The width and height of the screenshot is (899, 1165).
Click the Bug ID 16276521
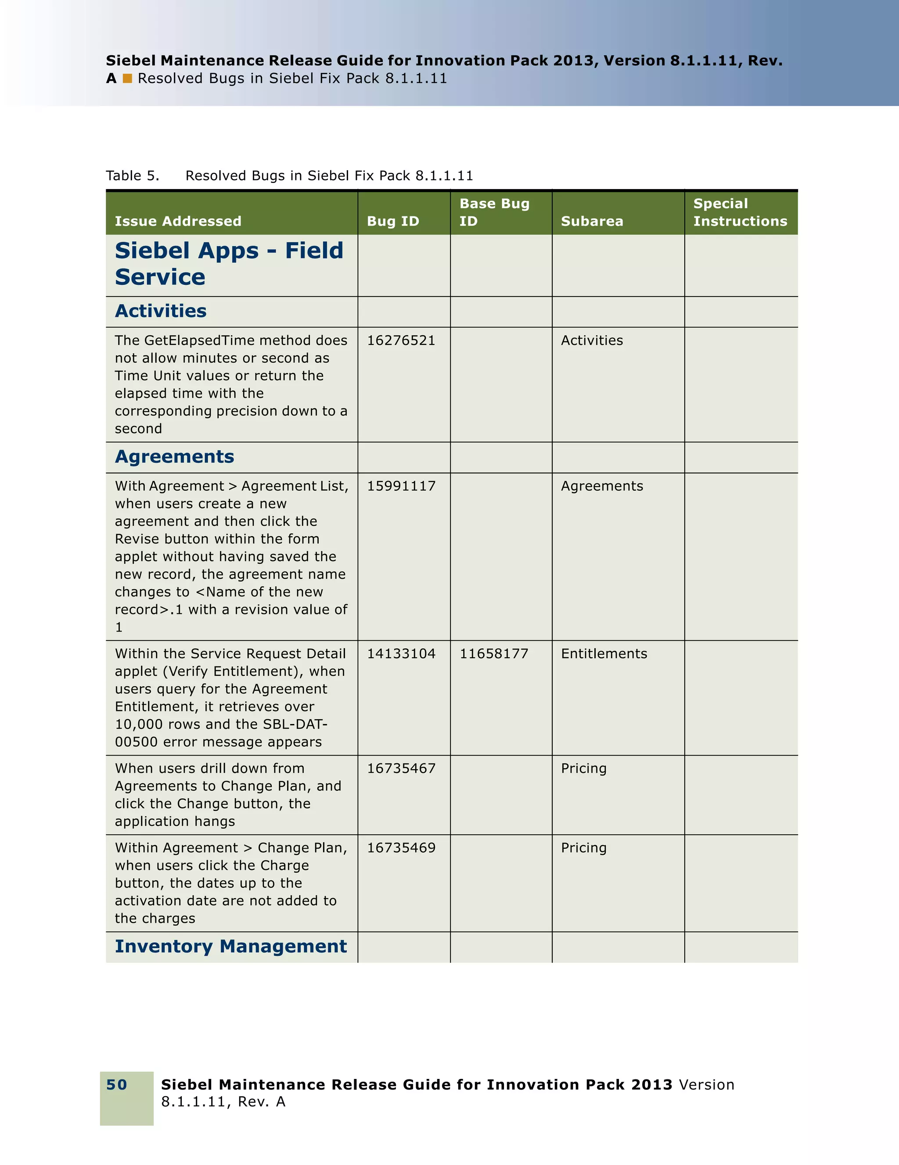tap(401, 341)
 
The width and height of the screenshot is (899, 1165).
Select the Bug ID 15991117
tap(401, 486)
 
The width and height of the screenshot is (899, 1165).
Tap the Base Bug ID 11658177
tap(493, 653)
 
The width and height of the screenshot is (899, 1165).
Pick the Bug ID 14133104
tap(401, 653)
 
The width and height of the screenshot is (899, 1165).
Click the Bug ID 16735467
tap(401, 768)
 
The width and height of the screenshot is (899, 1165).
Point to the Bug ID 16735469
tap(401, 848)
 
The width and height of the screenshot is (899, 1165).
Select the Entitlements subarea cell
tap(604, 653)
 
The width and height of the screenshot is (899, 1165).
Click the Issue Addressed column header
tap(178, 221)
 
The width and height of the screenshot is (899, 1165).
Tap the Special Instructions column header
tap(740, 212)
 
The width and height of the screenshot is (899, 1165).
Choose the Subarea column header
tap(592, 221)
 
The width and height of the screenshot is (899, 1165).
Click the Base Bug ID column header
tap(494, 212)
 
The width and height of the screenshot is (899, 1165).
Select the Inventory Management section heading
tap(230, 946)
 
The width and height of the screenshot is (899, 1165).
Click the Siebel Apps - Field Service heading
tap(228, 264)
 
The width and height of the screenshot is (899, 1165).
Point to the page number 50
tap(116, 1084)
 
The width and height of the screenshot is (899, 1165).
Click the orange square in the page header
tap(127, 79)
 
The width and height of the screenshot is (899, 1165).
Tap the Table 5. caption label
tap(132, 176)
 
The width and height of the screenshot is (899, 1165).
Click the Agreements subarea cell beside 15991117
tap(601, 486)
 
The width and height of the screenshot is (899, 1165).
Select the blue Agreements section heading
tap(174, 457)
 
